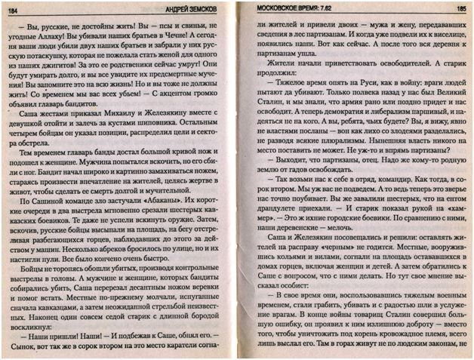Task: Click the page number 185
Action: [x=460, y=7]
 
